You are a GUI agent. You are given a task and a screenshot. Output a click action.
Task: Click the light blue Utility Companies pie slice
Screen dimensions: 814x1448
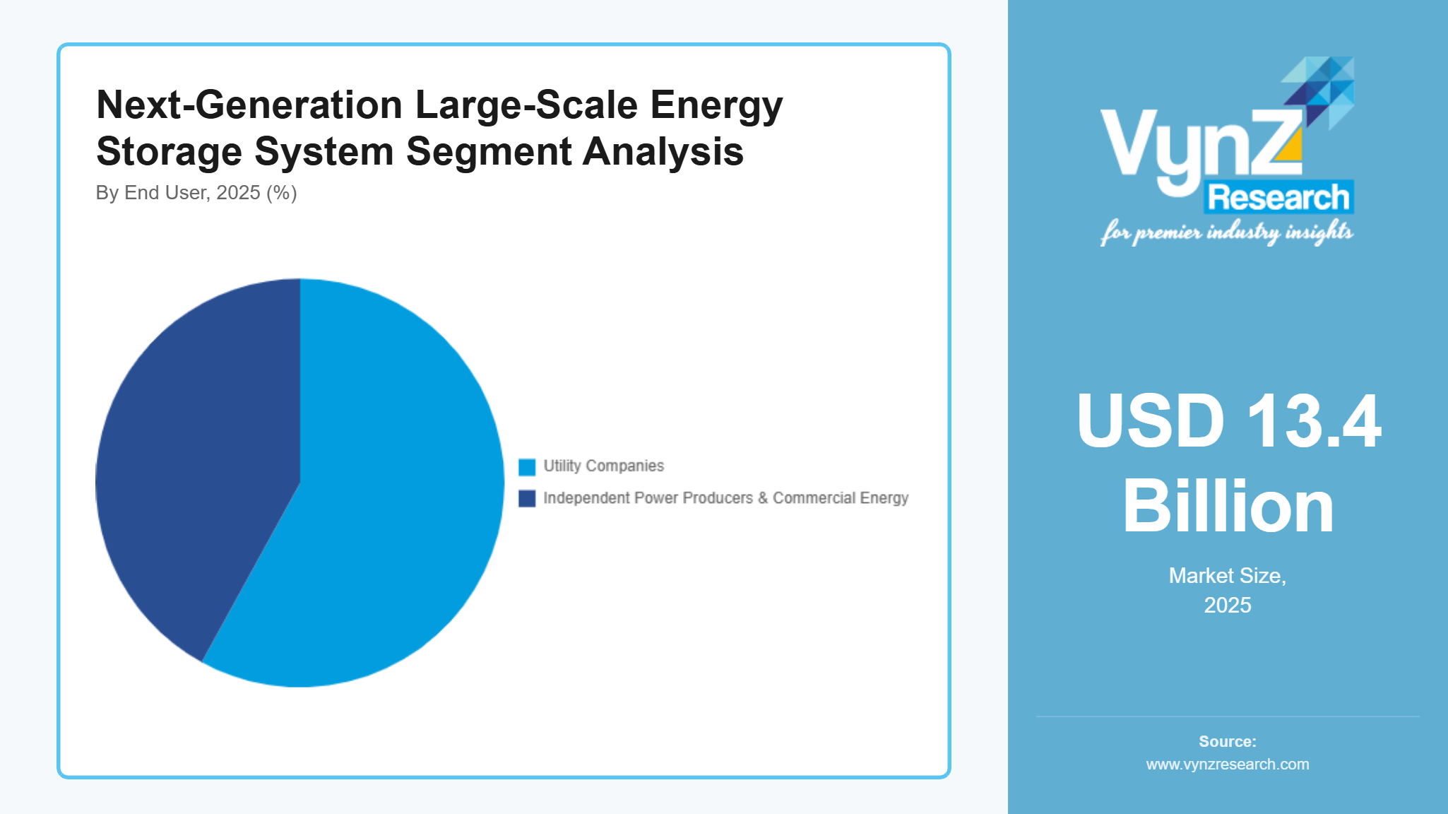point(381,495)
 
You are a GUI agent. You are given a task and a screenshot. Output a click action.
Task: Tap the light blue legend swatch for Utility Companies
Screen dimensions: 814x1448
point(527,467)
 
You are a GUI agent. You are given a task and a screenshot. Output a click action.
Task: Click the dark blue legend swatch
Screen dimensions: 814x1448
point(527,499)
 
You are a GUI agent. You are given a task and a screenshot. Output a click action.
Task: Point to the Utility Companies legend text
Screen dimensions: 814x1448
point(603,466)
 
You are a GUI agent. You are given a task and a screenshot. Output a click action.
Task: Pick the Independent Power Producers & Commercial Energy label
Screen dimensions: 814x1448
point(725,498)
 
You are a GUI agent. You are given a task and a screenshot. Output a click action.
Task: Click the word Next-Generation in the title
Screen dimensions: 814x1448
point(249,105)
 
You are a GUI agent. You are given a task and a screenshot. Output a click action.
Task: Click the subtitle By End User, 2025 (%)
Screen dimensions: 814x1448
point(196,193)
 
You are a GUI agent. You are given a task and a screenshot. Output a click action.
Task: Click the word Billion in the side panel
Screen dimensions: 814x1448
point(1228,507)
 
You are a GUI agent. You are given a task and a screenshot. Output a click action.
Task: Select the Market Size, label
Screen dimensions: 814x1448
point(1228,576)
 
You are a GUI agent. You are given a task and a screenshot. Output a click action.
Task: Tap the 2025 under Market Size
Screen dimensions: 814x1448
point(1228,606)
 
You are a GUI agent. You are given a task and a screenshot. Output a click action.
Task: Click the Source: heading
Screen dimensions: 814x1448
point(1228,742)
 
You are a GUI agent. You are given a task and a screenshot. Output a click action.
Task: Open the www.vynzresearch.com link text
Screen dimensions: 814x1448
point(1228,765)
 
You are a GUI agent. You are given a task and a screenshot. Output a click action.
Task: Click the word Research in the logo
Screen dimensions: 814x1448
point(1278,198)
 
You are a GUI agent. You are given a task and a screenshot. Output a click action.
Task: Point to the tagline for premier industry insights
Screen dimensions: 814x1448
point(1226,232)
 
